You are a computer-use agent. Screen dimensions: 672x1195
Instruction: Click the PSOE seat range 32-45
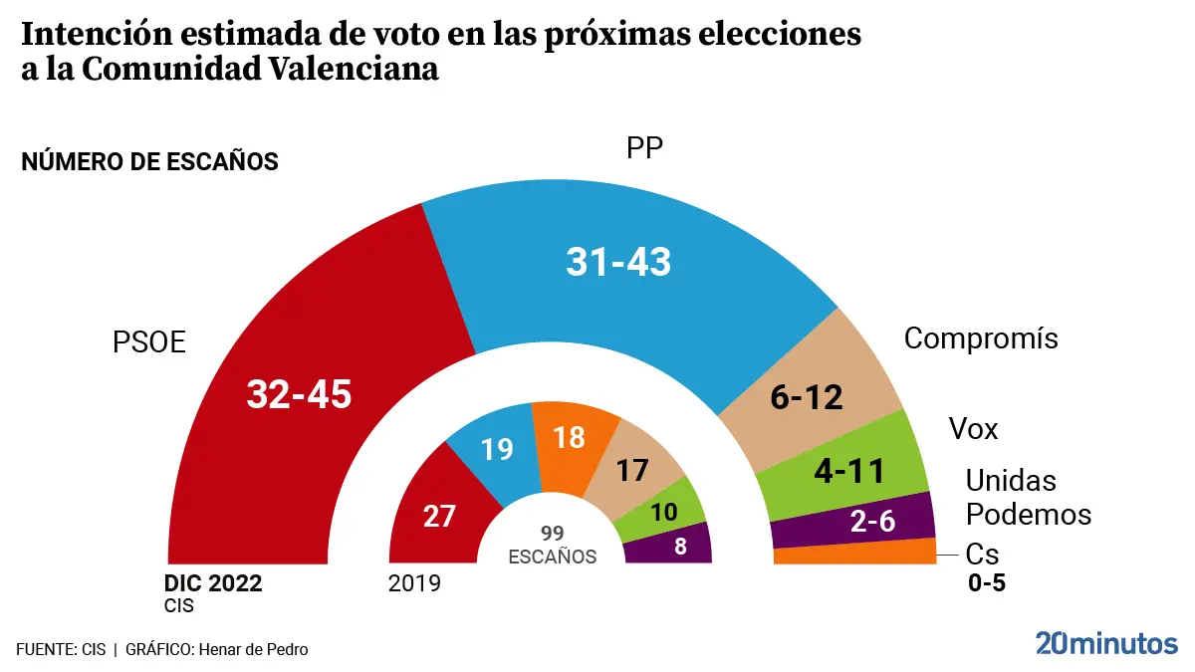click(x=300, y=394)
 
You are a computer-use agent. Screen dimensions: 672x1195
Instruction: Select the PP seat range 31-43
click(x=618, y=262)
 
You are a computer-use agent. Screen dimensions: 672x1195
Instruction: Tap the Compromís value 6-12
click(x=808, y=397)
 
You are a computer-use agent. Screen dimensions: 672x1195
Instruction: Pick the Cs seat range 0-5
click(x=987, y=583)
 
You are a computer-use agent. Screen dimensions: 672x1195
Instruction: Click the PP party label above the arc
click(x=645, y=148)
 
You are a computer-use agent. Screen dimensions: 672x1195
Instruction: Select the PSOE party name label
click(x=149, y=342)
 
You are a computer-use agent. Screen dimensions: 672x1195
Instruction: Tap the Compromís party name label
click(x=981, y=338)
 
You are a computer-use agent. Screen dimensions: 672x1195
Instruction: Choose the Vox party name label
click(x=973, y=429)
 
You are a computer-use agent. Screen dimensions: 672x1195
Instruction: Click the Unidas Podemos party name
click(x=1029, y=498)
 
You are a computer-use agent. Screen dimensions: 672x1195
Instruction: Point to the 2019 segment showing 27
click(x=438, y=516)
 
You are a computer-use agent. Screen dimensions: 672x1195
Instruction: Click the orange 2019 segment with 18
click(x=569, y=438)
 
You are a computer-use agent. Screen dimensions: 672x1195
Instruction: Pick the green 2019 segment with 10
click(x=664, y=513)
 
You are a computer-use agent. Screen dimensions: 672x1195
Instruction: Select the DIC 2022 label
click(x=213, y=583)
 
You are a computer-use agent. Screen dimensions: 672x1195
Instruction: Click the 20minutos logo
click(x=1105, y=644)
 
